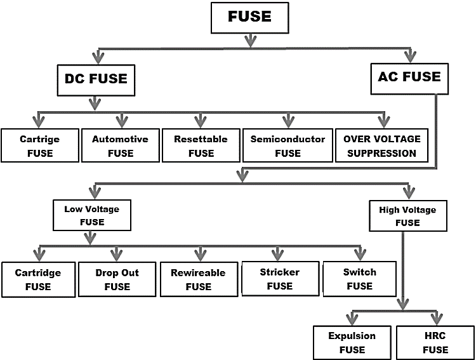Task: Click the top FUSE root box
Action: pyautogui.click(x=249, y=17)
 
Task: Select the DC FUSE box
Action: pyautogui.click(x=96, y=79)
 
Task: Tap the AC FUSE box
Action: pyautogui.click(x=409, y=77)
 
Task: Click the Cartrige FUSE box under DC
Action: pyautogui.click(x=39, y=145)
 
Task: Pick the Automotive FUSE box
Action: pyautogui.click(x=120, y=145)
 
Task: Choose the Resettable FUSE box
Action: pyautogui.click(x=201, y=145)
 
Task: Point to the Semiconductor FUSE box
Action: pyautogui.click(x=288, y=145)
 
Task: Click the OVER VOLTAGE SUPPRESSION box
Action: pyautogui.click(x=381, y=145)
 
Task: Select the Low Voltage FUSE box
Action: pyautogui.click(x=91, y=215)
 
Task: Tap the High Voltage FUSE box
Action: pyautogui.click(x=407, y=216)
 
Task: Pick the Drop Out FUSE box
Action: pyautogui.click(x=117, y=279)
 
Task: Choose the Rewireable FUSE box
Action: pyautogui.click(x=197, y=279)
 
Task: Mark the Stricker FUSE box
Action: pyautogui.click(x=279, y=279)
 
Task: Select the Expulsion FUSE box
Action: pyautogui.click(x=352, y=342)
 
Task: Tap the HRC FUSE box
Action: pyautogui.click(x=435, y=342)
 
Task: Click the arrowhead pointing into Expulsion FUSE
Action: pyautogui.click(x=352, y=318)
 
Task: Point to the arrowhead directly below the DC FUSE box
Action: pyautogui.click(x=96, y=103)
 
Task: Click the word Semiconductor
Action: pyautogui.click(x=288, y=139)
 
